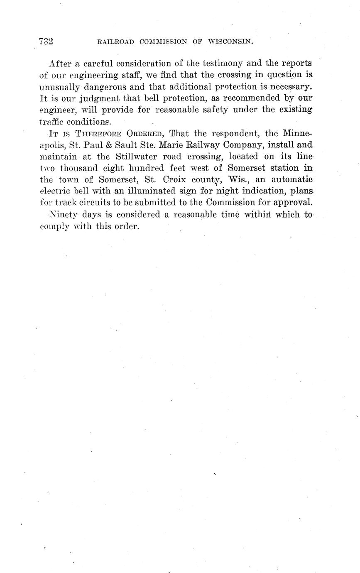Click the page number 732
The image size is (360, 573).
point(46,41)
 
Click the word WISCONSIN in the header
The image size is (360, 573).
point(230,42)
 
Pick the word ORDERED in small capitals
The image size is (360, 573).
point(145,134)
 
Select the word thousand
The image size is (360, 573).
point(79,168)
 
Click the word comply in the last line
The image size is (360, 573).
point(54,227)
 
